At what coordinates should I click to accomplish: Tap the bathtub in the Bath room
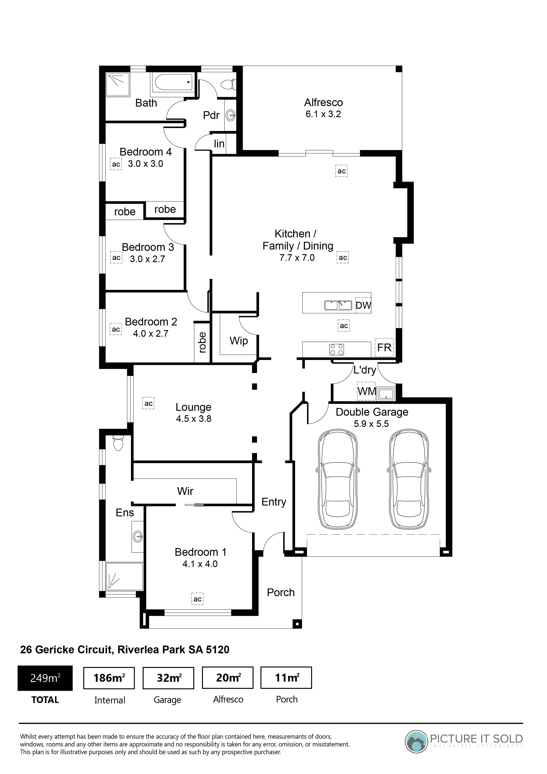click(173, 82)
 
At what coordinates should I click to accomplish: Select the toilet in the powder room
click(228, 84)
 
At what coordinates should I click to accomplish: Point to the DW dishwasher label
click(363, 305)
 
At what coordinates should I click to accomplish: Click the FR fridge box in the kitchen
click(384, 347)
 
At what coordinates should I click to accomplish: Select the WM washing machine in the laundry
click(366, 391)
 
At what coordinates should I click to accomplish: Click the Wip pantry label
click(239, 341)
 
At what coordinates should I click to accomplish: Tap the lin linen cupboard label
click(219, 144)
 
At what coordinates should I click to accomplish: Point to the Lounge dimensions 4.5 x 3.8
click(194, 419)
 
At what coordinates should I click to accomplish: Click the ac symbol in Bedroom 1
click(197, 599)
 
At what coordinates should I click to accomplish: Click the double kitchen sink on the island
click(338, 305)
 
